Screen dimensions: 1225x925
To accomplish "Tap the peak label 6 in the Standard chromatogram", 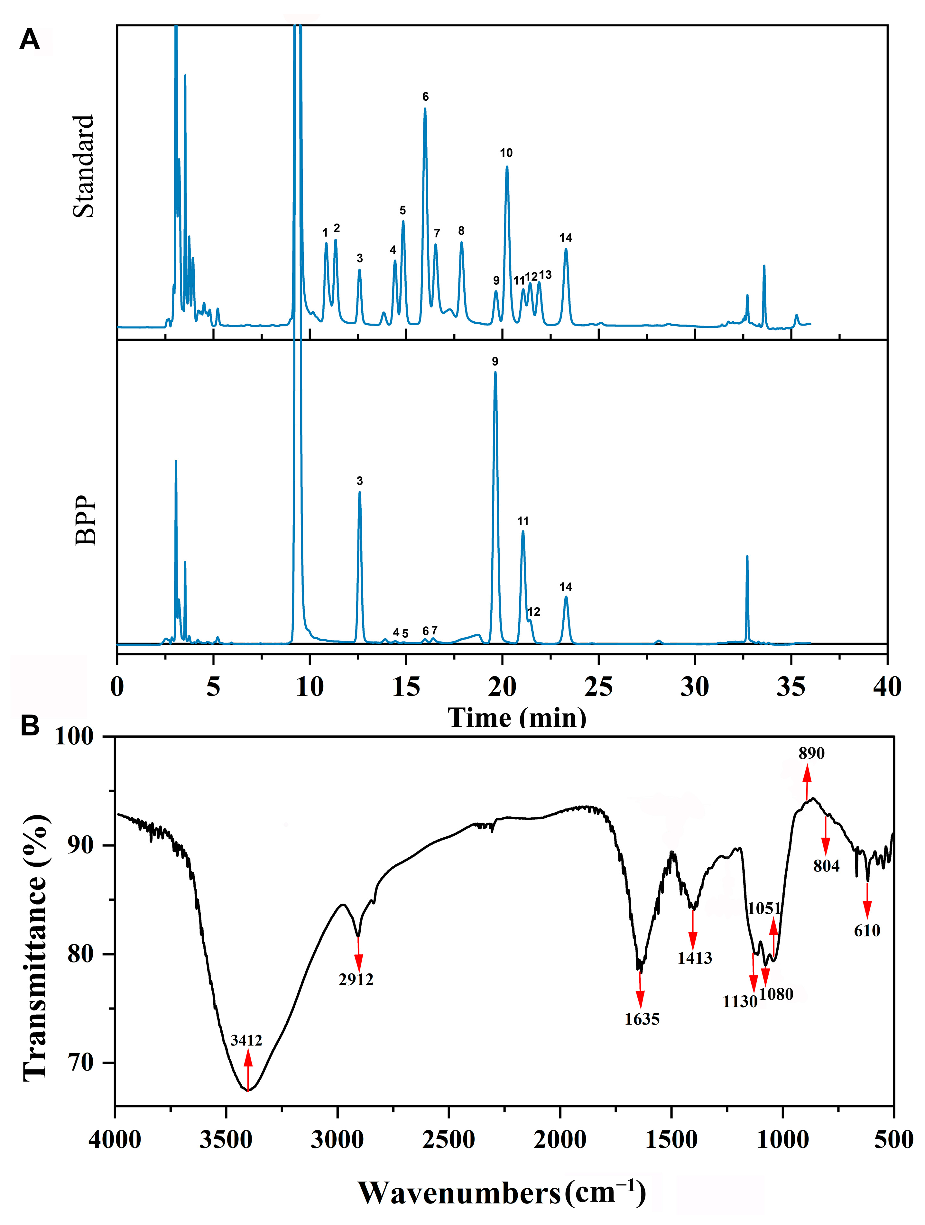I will [x=425, y=97].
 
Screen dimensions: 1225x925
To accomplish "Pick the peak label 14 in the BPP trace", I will [x=566, y=587].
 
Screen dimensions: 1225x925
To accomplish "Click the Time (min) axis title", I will [x=517, y=718].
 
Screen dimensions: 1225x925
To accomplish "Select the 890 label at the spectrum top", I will [x=811, y=753].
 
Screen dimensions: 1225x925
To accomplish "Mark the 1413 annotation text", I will [x=695, y=958].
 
